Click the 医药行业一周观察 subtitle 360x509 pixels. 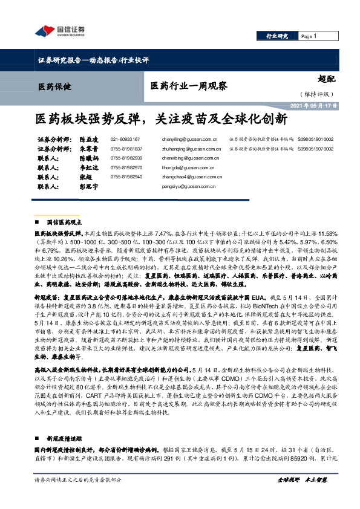(x=188, y=86)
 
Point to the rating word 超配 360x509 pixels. (x=326, y=79)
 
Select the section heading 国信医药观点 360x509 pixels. (x=68, y=222)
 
